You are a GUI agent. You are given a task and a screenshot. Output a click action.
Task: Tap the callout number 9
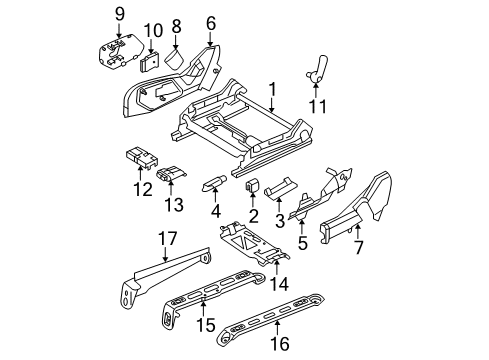(119, 14)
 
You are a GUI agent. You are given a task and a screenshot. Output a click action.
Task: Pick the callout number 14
(280, 284)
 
